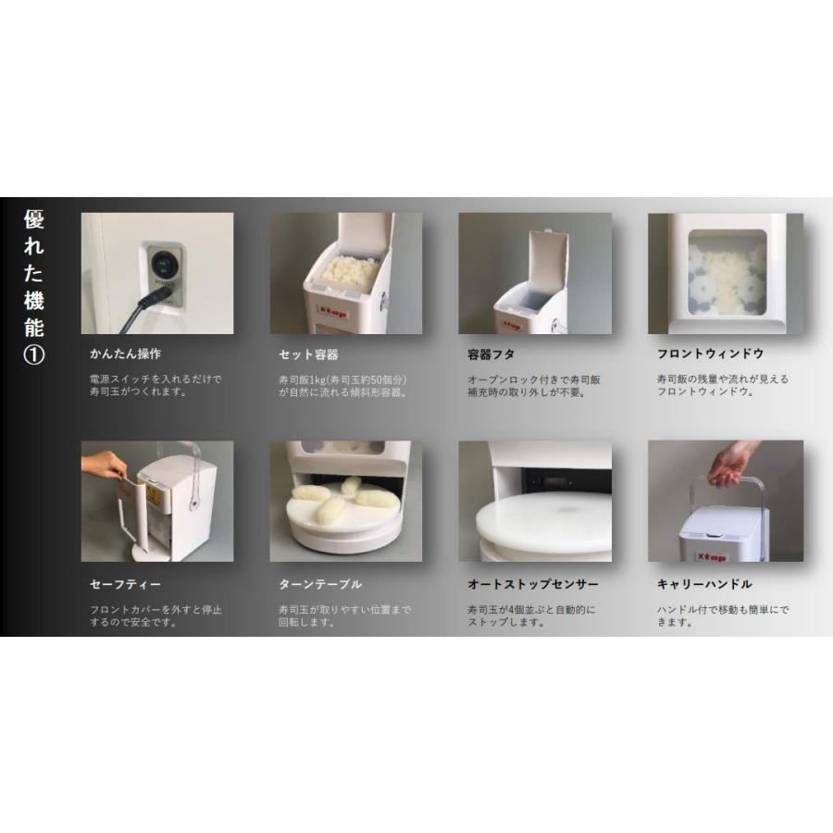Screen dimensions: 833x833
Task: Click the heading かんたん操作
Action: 126,354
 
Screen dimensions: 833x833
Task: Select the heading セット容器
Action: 308,354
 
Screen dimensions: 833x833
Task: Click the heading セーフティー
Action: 127,584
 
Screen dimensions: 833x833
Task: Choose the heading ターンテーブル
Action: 320,584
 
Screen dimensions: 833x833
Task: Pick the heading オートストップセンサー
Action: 533,584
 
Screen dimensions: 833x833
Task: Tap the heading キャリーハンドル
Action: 703,584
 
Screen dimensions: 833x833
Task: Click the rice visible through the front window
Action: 725,277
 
